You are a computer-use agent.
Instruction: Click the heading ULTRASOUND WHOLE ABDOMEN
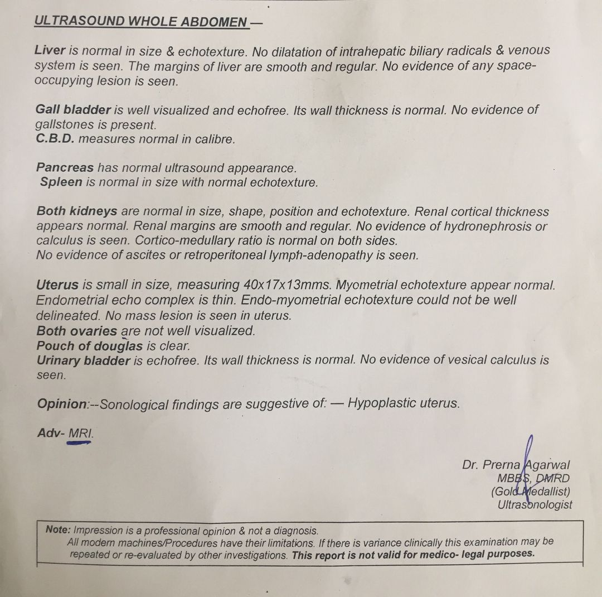tap(140, 22)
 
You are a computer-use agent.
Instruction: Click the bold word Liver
tap(50, 50)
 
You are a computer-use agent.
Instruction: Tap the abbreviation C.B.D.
tap(55, 139)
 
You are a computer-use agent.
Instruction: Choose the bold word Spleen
tap(61, 182)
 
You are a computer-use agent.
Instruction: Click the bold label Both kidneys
tap(77, 211)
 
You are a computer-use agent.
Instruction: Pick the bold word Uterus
tap(57, 285)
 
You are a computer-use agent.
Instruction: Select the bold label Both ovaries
tap(77, 330)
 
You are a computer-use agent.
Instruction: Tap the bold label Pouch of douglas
tap(89, 345)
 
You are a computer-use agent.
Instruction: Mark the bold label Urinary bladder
tap(83, 360)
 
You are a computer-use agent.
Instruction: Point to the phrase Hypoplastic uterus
tap(404, 403)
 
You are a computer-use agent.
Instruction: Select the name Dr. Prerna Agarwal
tap(516, 465)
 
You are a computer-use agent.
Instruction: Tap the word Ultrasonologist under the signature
tap(535, 505)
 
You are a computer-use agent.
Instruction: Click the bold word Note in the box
tap(58, 531)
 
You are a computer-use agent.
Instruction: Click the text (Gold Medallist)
tap(531, 492)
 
